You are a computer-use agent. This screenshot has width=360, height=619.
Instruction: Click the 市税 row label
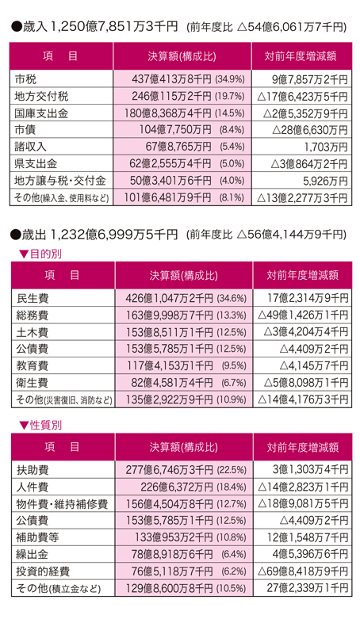[25, 79]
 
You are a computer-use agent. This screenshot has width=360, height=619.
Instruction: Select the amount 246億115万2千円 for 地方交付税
[171, 97]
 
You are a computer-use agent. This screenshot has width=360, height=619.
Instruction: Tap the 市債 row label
[25, 130]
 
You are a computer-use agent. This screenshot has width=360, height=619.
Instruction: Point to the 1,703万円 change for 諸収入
[326, 147]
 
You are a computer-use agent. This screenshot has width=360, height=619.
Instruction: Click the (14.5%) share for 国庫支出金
[230, 113]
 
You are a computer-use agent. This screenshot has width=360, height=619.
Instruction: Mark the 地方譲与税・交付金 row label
[60, 181]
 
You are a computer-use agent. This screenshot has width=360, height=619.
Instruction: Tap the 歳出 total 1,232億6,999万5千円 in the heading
[114, 235]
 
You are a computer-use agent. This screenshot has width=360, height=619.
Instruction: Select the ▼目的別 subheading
[40, 254]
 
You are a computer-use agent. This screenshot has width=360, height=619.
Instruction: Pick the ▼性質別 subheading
[40, 426]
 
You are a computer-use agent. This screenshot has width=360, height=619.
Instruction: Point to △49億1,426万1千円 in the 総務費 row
[303, 315]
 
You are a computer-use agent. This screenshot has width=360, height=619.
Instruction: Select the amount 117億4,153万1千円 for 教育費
[170, 366]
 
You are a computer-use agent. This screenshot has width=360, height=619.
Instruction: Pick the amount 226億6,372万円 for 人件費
[177, 487]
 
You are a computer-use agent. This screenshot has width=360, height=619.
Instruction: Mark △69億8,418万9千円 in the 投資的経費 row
[303, 571]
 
